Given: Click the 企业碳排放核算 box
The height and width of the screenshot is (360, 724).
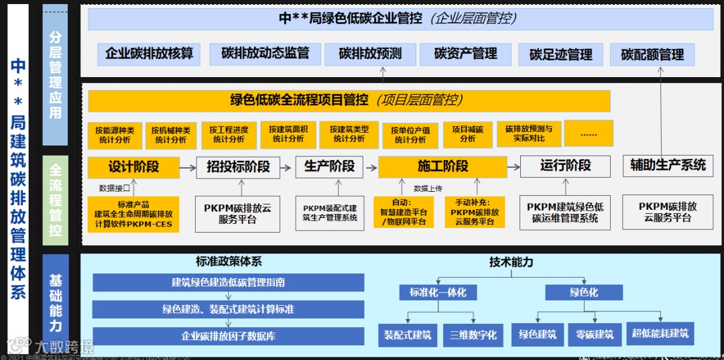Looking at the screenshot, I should pyautogui.click(x=149, y=54).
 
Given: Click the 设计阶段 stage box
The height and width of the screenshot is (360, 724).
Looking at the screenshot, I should pyautogui.click(x=134, y=167).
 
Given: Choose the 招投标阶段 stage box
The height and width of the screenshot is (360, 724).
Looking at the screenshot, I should pyautogui.click(x=238, y=167).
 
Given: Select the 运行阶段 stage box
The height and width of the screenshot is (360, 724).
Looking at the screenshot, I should pyautogui.click(x=565, y=166).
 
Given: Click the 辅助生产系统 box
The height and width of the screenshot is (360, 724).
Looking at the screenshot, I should pyautogui.click(x=668, y=166).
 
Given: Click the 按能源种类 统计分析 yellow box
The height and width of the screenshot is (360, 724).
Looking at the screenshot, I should pyautogui.click(x=115, y=135).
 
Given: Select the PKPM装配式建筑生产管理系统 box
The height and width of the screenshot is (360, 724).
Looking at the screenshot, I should pyautogui.click(x=330, y=213).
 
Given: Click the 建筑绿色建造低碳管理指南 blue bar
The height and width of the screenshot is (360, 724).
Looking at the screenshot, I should pyautogui.click(x=228, y=283).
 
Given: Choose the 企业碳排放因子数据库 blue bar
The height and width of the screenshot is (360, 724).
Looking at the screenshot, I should pyautogui.click(x=228, y=336).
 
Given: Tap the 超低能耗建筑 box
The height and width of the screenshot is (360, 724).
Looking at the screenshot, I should pyautogui.click(x=660, y=333).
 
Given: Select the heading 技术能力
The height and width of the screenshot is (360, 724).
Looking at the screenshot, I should pyautogui.click(x=511, y=263).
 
